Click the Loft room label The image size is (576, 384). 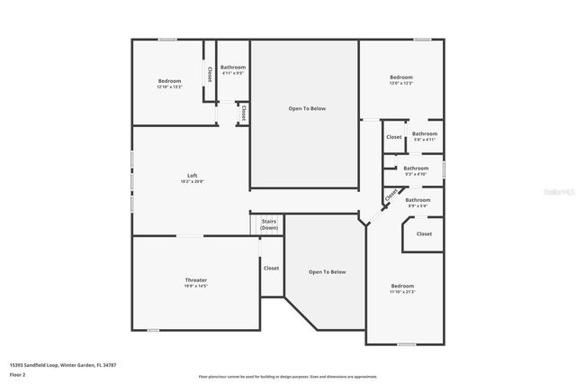click(x=192, y=175)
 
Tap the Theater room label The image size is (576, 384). click(x=195, y=280)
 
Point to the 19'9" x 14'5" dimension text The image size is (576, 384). click(x=195, y=287)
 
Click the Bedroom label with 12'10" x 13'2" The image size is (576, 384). click(x=169, y=80)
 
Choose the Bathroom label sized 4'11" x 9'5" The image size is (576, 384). click(x=233, y=67)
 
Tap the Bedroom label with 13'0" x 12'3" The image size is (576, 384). click(x=400, y=78)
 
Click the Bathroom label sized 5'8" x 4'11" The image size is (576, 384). click(x=425, y=133)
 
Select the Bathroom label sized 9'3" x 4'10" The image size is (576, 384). click(x=416, y=168)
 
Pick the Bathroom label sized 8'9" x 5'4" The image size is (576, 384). click(x=418, y=200)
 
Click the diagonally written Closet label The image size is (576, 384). click(x=391, y=195)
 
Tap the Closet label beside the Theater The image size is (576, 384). click(x=271, y=268)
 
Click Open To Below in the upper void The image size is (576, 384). click(x=306, y=108)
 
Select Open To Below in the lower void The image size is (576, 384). click(x=327, y=271)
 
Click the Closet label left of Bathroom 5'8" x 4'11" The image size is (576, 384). click(x=393, y=137)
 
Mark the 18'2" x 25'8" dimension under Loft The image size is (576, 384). click(x=192, y=181)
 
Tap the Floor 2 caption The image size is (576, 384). click(x=18, y=374)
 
